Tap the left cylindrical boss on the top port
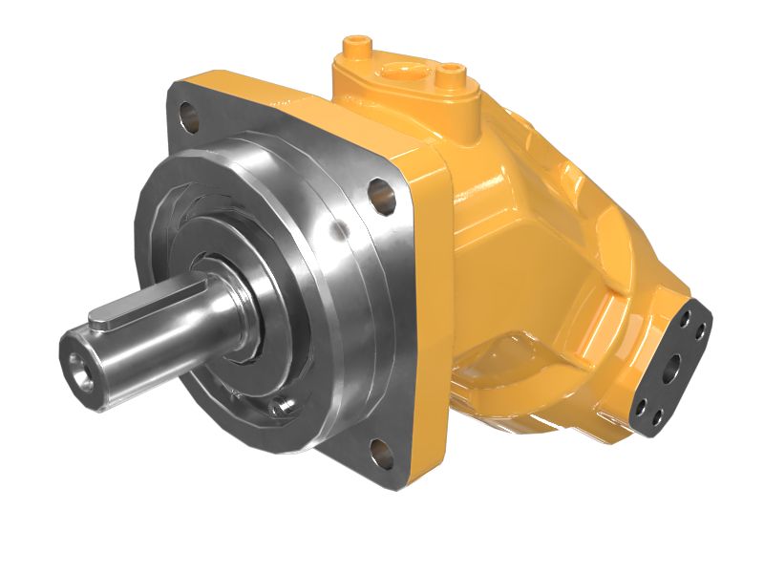[358, 46]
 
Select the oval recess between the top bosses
[403, 70]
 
